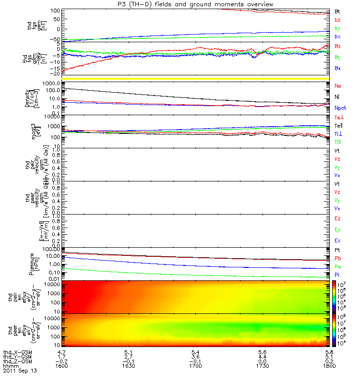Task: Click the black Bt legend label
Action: pyautogui.click(x=337, y=11)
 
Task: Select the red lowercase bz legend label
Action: pyautogui.click(x=337, y=20)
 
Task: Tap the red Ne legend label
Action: pyautogui.click(x=338, y=85)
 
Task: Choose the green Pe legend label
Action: pyautogui.click(x=338, y=266)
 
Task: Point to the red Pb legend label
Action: pyautogui.click(x=338, y=258)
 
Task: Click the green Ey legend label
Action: pyautogui.click(x=338, y=229)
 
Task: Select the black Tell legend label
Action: pyautogui.click(x=339, y=126)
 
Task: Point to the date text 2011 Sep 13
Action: pyautogui.click(x=20, y=371)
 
